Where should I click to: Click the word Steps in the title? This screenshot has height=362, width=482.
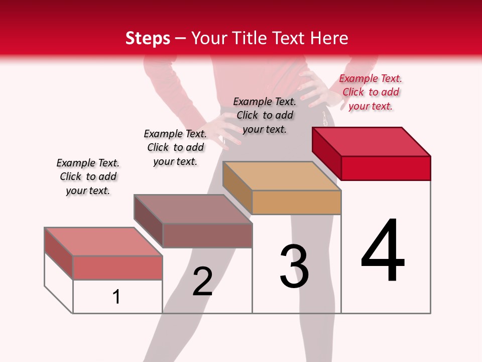tap(148, 38)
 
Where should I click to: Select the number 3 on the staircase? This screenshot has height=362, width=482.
tap(294, 266)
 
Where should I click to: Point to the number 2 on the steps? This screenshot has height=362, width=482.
tap(203, 282)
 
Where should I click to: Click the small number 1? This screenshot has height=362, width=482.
tap(116, 297)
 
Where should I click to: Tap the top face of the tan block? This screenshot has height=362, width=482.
tap(282, 176)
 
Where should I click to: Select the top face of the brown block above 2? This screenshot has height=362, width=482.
tap(193, 209)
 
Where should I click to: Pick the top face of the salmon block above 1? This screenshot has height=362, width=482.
tap(103, 241)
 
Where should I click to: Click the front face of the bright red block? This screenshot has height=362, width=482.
tap(386, 168)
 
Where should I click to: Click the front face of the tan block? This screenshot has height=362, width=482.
tap(296, 202)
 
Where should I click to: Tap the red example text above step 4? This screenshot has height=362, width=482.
tap(371, 92)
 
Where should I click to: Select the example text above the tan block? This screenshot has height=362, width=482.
tap(265, 115)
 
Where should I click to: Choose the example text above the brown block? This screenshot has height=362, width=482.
tap(175, 147)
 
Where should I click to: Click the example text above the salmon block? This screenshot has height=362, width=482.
tap(88, 176)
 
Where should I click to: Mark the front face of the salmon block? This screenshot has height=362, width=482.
tap(117, 267)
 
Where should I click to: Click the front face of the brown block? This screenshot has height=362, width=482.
tap(207, 235)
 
